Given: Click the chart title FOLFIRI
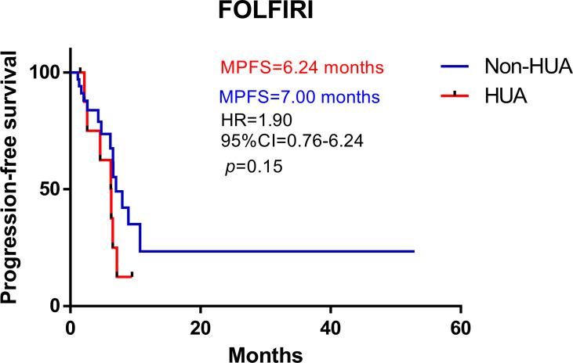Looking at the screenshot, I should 266,15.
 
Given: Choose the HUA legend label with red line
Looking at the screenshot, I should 491,96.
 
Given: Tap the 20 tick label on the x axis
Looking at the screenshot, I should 201,326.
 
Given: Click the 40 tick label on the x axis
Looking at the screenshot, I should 331,326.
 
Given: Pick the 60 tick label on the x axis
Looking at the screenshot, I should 461,326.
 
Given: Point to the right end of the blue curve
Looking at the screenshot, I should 413,251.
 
